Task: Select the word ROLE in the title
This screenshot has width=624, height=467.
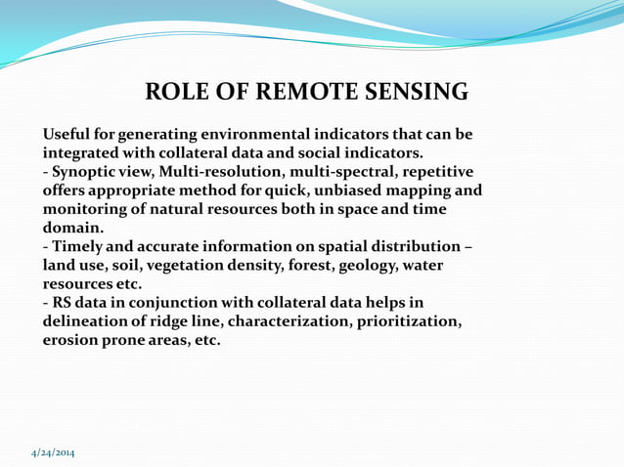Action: point(176,93)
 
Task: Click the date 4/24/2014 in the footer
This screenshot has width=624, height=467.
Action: point(52,452)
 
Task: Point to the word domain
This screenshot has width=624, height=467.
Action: point(71,228)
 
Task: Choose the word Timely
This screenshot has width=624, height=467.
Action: point(80,246)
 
